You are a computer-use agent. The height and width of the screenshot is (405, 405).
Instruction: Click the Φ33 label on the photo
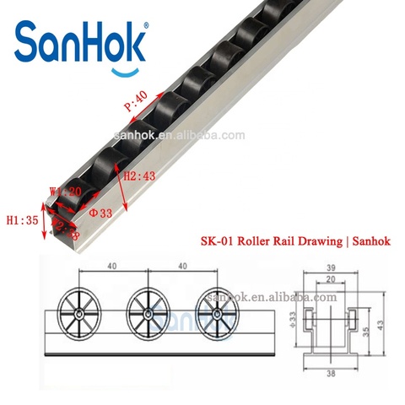(x=101, y=213)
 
